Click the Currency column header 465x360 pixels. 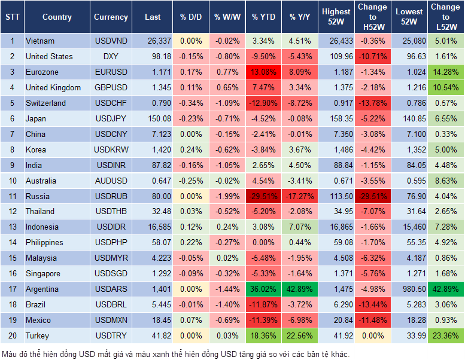click(111, 17)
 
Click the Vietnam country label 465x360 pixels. click(40, 41)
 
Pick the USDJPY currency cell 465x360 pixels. click(111, 118)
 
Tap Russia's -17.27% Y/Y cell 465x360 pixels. click(300, 196)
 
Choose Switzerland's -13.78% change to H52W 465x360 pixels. click(372, 103)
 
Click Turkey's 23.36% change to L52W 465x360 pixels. click(445, 335)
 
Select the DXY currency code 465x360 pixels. click(111, 57)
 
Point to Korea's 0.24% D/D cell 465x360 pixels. click(191, 150)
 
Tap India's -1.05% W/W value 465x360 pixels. click(226, 165)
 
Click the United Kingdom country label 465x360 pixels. click(53, 88)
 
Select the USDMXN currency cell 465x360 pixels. click(111, 320)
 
